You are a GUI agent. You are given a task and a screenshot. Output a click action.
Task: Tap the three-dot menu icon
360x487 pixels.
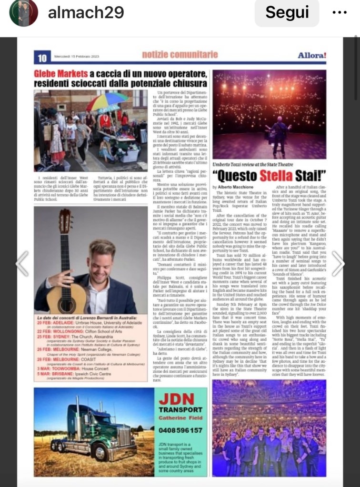tap(340, 13)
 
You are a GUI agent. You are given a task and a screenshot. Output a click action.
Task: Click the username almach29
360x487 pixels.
tap(86, 13)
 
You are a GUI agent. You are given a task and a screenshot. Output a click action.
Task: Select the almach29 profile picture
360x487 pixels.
tap(23, 13)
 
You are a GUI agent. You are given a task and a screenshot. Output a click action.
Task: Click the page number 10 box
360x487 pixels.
tap(42, 58)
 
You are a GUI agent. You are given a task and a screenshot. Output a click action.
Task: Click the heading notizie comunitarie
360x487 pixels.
tap(180, 55)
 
